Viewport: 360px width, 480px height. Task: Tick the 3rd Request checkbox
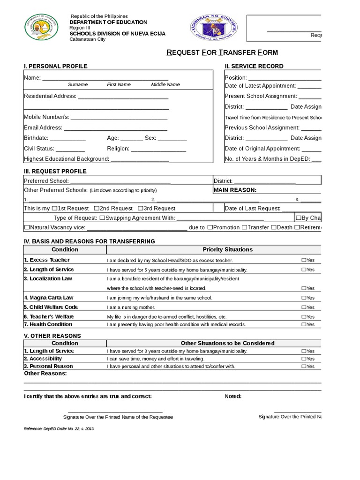(x=140, y=208)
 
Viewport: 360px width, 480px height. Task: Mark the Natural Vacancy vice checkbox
(x=26, y=228)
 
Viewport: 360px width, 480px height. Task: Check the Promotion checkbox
(x=210, y=228)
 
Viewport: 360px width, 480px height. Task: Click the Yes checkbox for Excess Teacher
(x=304, y=260)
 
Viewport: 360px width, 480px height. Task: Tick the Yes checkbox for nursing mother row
(x=304, y=307)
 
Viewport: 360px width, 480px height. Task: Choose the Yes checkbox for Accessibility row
(x=304, y=359)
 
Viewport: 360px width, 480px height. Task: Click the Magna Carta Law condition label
(x=49, y=298)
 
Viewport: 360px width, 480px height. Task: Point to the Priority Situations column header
(x=227, y=249)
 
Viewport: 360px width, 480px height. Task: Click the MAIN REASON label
(x=235, y=190)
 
